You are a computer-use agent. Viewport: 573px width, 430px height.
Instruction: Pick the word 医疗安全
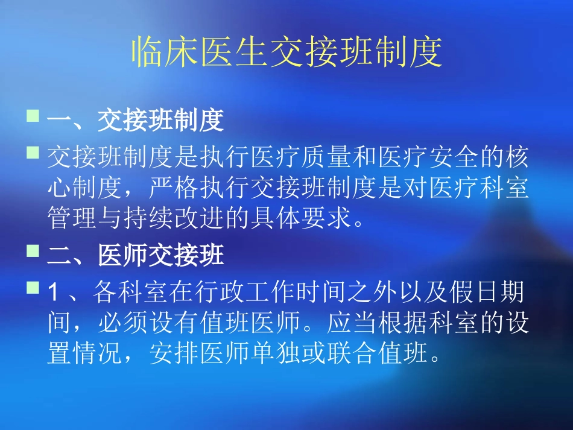coord(428,159)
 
